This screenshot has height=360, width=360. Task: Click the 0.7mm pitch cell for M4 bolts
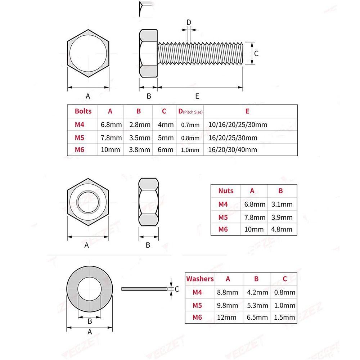(190, 125)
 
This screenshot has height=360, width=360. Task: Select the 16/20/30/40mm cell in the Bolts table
(233, 150)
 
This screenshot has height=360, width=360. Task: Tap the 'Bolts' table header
(83, 111)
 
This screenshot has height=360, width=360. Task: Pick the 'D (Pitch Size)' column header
(190, 112)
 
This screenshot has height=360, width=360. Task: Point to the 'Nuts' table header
(226, 191)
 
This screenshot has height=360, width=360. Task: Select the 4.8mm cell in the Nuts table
(282, 229)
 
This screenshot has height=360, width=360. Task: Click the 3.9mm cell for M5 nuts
(282, 217)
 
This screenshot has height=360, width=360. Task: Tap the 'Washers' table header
(200, 279)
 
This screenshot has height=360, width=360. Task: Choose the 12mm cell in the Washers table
(227, 317)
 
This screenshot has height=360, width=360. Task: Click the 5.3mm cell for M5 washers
(258, 305)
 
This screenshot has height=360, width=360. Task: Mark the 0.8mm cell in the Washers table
(284, 292)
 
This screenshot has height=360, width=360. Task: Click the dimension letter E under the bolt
(197, 96)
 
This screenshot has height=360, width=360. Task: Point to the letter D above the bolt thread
(189, 22)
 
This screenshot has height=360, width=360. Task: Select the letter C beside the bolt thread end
(256, 53)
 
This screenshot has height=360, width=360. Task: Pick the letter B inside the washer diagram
(90, 321)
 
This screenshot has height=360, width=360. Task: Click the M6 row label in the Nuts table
(223, 229)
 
